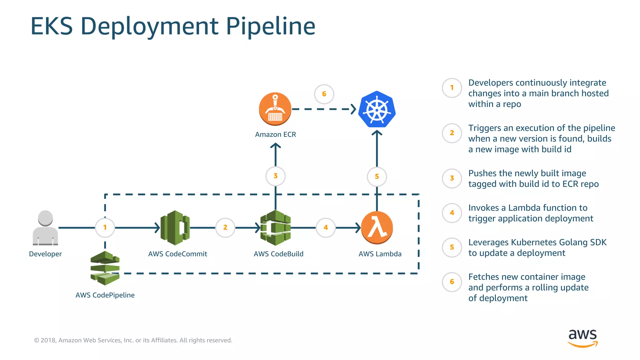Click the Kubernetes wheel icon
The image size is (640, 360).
pyautogui.click(x=377, y=109)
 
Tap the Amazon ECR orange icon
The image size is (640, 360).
pyautogui.click(x=275, y=109)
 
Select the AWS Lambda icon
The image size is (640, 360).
pyautogui.click(x=377, y=227)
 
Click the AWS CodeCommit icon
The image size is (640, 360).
pyautogui.click(x=175, y=227)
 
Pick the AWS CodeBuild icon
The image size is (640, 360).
pyautogui.click(x=276, y=227)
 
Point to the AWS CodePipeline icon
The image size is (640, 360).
pyautogui.click(x=105, y=268)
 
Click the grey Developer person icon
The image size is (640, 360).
pyautogui.click(x=45, y=227)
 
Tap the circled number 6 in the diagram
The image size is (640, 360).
pyautogui.click(x=324, y=94)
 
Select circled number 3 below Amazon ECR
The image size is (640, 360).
pyautogui.click(x=275, y=176)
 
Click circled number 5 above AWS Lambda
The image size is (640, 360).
pyautogui.click(x=377, y=177)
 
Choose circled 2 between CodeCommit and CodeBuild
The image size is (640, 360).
pyautogui.click(x=225, y=227)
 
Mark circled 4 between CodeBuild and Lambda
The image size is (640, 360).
pyautogui.click(x=326, y=227)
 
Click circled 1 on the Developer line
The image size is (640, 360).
pyautogui.click(x=105, y=227)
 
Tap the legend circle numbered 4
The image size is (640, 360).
pyautogui.click(x=452, y=213)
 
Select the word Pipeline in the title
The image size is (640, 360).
pyautogui.click(x=270, y=26)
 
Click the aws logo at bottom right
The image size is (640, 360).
pyautogui.click(x=582, y=337)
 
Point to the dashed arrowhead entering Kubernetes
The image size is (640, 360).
pyautogui.click(x=353, y=109)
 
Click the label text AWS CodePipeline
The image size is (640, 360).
pyautogui.click(x=105, y=295)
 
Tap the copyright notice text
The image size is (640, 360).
pyautogui.click(x=133, y=340)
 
